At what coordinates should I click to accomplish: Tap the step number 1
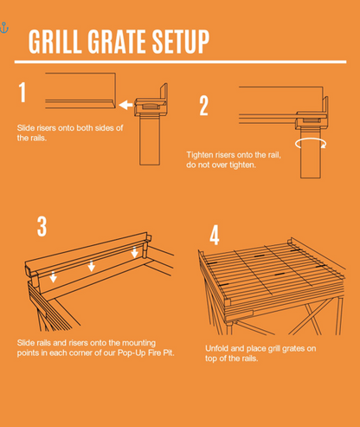[x=23, y=93]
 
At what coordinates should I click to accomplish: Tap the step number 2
[x=204, y=106]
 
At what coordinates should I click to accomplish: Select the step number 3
[x=42, y=227]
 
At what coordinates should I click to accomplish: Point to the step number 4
[x=215, y=235]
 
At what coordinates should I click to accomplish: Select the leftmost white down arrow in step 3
[x=54, y=277]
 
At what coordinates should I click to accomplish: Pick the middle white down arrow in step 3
[x=92, y=266]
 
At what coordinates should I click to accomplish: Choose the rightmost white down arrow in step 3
[x=134, y=253]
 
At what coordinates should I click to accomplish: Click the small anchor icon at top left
[x=4, y=29]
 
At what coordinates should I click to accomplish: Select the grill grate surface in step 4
[x=268, y=264]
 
